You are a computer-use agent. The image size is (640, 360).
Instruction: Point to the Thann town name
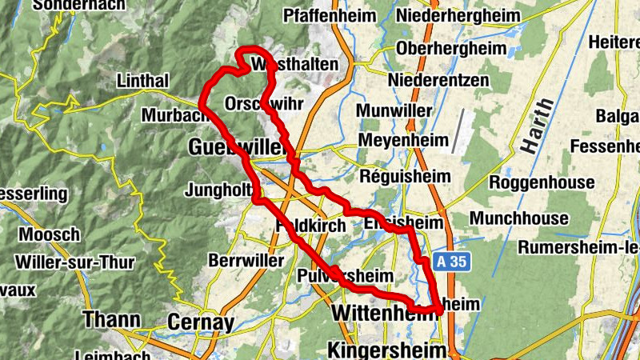[111, 320]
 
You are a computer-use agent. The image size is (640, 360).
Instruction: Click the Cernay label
[201, 322]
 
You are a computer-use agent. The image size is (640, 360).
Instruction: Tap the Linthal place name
[142, 82]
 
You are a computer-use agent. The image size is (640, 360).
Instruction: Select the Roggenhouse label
[542, 182]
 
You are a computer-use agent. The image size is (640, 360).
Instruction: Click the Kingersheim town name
[387, 349]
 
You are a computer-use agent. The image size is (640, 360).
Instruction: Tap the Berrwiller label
[246, 261]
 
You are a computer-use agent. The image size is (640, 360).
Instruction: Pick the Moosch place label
[50, 235]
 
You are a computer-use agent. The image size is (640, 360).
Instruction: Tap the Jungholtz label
[218, 190]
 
